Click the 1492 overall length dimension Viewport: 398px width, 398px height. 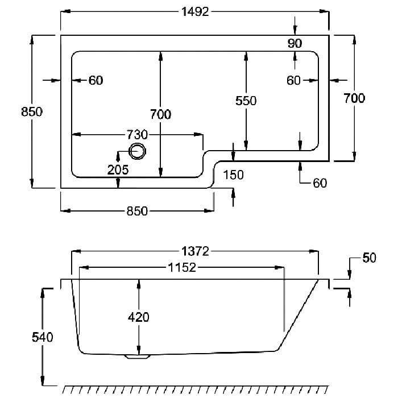[x=195, y=12]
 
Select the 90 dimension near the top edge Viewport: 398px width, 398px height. [x=295, y=43]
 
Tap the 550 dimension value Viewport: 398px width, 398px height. [x=246, y=101]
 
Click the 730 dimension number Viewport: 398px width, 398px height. [x=137, y=135]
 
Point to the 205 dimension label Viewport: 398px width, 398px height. [x=118, y=169]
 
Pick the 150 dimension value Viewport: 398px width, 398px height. [x=233, y=175]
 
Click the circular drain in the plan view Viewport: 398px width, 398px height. [x=138, y=152]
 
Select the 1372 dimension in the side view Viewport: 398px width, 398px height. [x=195, y=251]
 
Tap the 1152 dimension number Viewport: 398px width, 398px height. [x=182, y=268]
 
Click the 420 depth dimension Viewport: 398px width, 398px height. [x=138, y=317]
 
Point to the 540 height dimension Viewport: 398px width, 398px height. [x=43, y=337]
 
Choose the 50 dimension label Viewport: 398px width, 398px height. [x=369, y=258]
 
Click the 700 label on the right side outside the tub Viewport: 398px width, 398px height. [x=354, y=98]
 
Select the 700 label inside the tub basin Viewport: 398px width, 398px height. [x=160, y=114]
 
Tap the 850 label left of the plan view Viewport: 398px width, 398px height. [x=32, y=111]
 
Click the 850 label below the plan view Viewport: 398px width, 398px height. [x=137, y=211]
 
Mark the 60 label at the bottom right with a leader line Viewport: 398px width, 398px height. [x=320, y=183]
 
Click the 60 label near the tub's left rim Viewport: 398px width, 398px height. [x=96, y=81]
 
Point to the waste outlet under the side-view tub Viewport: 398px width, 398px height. [x=138, y=356]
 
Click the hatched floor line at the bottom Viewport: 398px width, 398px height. [x=196, y=389]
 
